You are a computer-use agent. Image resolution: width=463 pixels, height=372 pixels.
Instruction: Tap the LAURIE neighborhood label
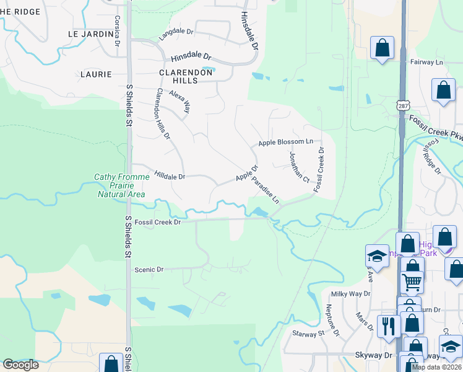click(96, 74)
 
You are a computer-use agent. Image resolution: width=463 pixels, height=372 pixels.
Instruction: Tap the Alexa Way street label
click(180, 101)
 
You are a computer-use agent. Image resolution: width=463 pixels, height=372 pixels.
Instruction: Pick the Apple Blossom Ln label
click(286, 143)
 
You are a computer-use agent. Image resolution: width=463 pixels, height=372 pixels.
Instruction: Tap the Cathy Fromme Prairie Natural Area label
click(121, 185)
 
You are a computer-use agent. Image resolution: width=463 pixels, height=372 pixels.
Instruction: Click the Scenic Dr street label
click(149, 270)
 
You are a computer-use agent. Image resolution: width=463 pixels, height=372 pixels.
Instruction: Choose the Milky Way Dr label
click(350, 294)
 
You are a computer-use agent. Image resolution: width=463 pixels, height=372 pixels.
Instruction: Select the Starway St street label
click(313, 334)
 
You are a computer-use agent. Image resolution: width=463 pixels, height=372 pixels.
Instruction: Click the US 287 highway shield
click(404, 107)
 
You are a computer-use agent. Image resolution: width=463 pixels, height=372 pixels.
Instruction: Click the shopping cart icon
click(412, 282)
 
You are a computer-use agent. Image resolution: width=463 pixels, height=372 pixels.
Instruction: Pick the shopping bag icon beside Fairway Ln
click(383, 48)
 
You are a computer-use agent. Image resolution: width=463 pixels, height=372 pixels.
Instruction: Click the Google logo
click(20, 365)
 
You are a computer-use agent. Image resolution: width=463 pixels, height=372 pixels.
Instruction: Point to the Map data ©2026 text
click(436, 367)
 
